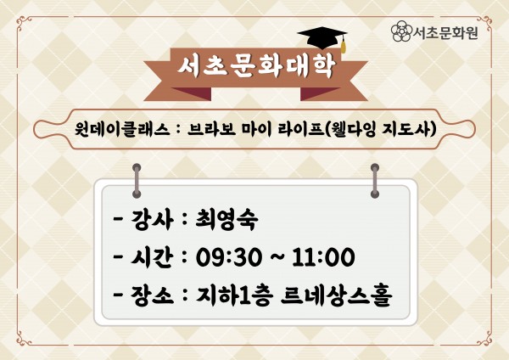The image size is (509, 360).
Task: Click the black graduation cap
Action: (322, 37)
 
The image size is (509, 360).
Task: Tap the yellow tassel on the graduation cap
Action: (343, 46)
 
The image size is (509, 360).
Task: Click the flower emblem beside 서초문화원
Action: (401, 31)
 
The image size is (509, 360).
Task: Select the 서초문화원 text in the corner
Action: (445, 32)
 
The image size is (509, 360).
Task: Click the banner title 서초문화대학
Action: (256, 66)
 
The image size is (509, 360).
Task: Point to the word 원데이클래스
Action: (121, 129)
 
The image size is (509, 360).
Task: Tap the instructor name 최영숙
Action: (227, 219)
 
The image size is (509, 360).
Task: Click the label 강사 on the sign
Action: (151, 220)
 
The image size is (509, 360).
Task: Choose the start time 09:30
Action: (228, 257)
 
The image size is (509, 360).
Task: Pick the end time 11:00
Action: (323, 257)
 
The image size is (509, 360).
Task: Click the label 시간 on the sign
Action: (151, 257)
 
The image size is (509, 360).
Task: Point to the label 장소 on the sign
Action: (151, 295)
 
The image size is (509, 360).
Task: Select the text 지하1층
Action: (233, 295)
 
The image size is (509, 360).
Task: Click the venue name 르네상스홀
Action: (337, 295)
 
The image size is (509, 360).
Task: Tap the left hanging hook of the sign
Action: (137, 181)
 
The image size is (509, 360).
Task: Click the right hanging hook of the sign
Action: (375, 181)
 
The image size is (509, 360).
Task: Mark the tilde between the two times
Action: (277, 256)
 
